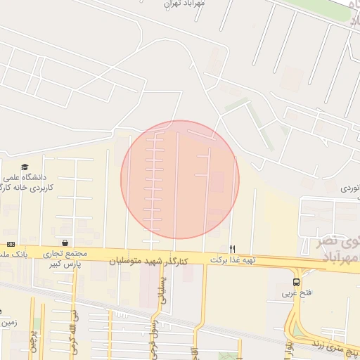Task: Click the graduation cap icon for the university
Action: pos(25,167)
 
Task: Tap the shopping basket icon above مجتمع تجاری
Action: pos(65,242)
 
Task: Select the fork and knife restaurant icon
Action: pos(233,249)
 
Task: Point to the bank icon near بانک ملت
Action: pos(11,243)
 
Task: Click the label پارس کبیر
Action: pos(65,264)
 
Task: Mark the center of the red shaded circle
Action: pos(180,180)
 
